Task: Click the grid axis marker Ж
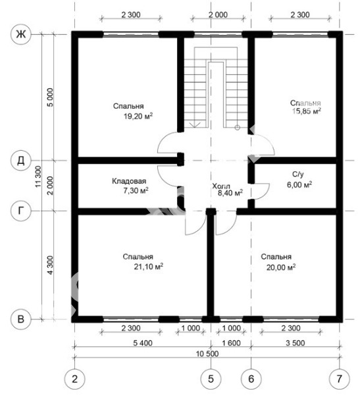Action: click(x=21, y=34)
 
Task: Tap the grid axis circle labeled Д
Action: click(x=21, y=160)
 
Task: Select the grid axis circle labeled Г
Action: click(x=21, y=211)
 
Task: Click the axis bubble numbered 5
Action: click(x=211, y=379)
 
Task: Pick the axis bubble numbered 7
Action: click(x=340, y=379)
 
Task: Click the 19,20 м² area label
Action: click(x=138, y=116)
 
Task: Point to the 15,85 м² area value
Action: click(x=306, y=111)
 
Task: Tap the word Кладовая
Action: click(x=129, y=181)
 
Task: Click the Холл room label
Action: click(x=221, y=186)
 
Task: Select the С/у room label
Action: click(x=298, y=174)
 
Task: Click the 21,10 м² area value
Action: click(x=148, y=267)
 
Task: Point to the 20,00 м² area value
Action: click(x=281, y=267)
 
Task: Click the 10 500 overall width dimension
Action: click(x=207, y=354)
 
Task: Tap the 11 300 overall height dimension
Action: click(x=38, y=176)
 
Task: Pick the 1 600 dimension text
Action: click(x=231, y=343)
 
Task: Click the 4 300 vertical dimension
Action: click(x=51, y=265)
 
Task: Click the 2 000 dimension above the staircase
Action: click(x=218, y=15)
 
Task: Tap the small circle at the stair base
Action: click(x=237, y=128)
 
